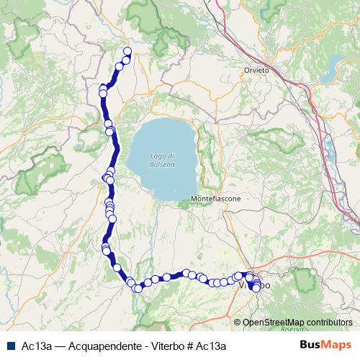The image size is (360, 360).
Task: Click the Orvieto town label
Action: pos(256,71)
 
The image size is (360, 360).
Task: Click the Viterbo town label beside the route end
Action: pos(253,286)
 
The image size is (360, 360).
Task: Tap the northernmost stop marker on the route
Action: pos(127,51)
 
